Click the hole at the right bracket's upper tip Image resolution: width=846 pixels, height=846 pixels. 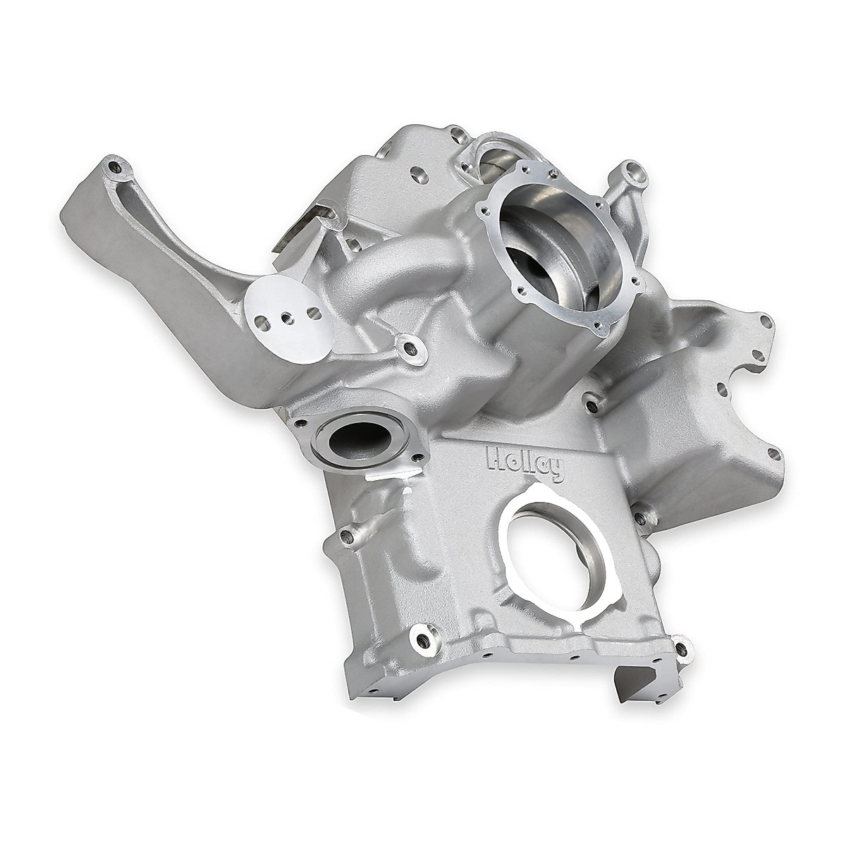(x=764, y=321)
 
